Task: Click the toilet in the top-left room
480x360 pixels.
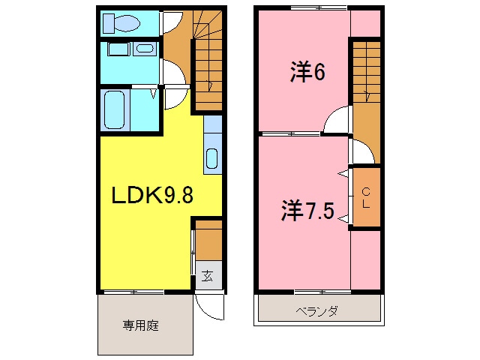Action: click(x=121, y=23)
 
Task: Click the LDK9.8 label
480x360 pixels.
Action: click(x=152, y=196)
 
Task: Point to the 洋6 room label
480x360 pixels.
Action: click(x=307, y=73)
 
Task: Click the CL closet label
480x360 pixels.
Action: click(x=367, y=198)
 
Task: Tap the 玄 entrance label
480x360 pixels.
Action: click(x=207, y=276)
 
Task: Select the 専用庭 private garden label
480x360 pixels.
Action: click(x=141, y=325)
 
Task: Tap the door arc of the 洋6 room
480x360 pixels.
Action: click(x=338, y=120)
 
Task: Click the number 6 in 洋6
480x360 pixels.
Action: click(x=319, y=73)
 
